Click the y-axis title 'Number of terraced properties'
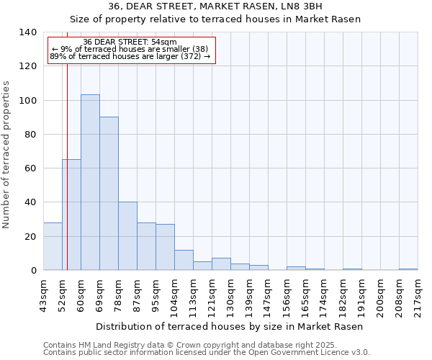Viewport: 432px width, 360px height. [7, 155]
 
